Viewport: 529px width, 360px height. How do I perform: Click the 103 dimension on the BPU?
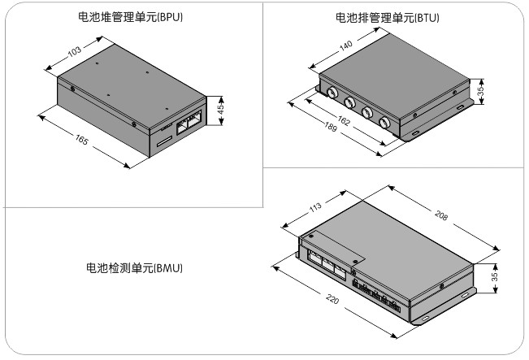pyautogui.click(x=75, y=52)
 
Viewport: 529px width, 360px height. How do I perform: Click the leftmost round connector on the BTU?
pyautogui.click(x=332, y=93)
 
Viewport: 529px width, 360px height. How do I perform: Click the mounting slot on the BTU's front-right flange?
pyautogui.click(x=414, y=133)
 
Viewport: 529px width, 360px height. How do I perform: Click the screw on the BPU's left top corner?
pyautogui.click(x=73, y=88)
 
